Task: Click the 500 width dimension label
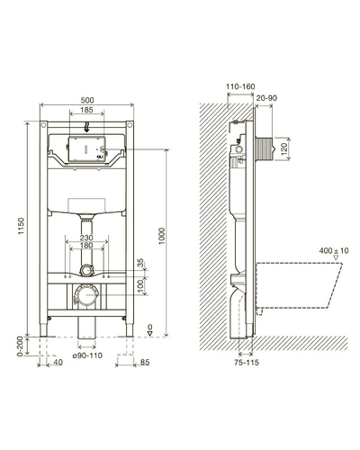pyautogui.click(x=87, y=100)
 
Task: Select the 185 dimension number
pyautogui.click(x=86, y=110)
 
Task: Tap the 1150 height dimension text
pyautogui.click(x=21, y=226)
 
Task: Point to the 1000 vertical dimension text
pyautogui.click(x=162, y=236)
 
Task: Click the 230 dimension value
pyautogui.click(x=86, y=238)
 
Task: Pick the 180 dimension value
pyautogui.click(x=86, y=246)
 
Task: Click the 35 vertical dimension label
pyautogui.click(x=140, y=263)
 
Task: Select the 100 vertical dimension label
pyautogui.click(x=140, y=287)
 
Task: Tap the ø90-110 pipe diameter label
pyautogui.click(x=87, y=355)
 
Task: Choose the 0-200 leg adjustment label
pyautogui.click(x=20, y=346)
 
